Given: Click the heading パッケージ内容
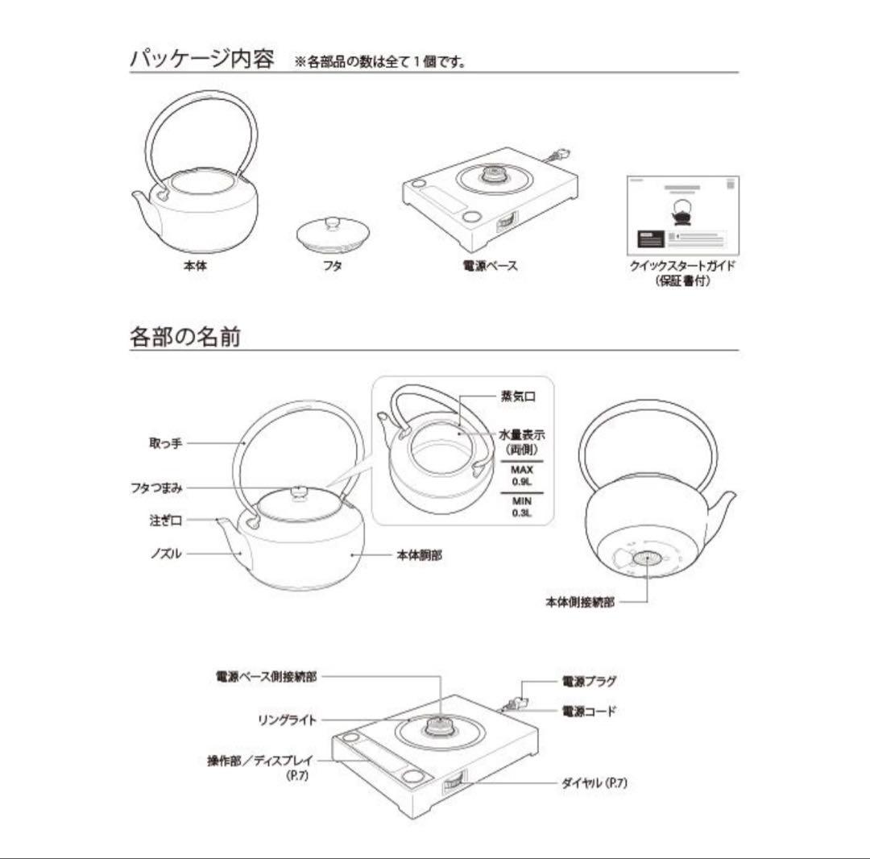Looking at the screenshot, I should click(x=201, y=60).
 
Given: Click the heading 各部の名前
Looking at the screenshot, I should click(x=184, y=336).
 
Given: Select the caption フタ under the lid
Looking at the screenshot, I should click(x=332, y=265).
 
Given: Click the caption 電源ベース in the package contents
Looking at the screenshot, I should click(x=490, y=265).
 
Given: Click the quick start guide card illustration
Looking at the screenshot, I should click(x=682, y=213).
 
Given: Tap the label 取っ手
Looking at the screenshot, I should click(x=166, y=442).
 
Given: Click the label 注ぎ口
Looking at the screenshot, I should click(x=166, y=520).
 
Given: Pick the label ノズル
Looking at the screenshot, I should click(x=166, y=554).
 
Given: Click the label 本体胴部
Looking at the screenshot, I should click(x=419, y=554).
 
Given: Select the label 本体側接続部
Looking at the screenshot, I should click(x=579, y=601).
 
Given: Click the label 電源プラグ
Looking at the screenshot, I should click(x=589, y=681).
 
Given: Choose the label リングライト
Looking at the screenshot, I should click(x=288, y=720).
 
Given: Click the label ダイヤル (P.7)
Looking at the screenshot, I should click(x=594, y=782).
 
